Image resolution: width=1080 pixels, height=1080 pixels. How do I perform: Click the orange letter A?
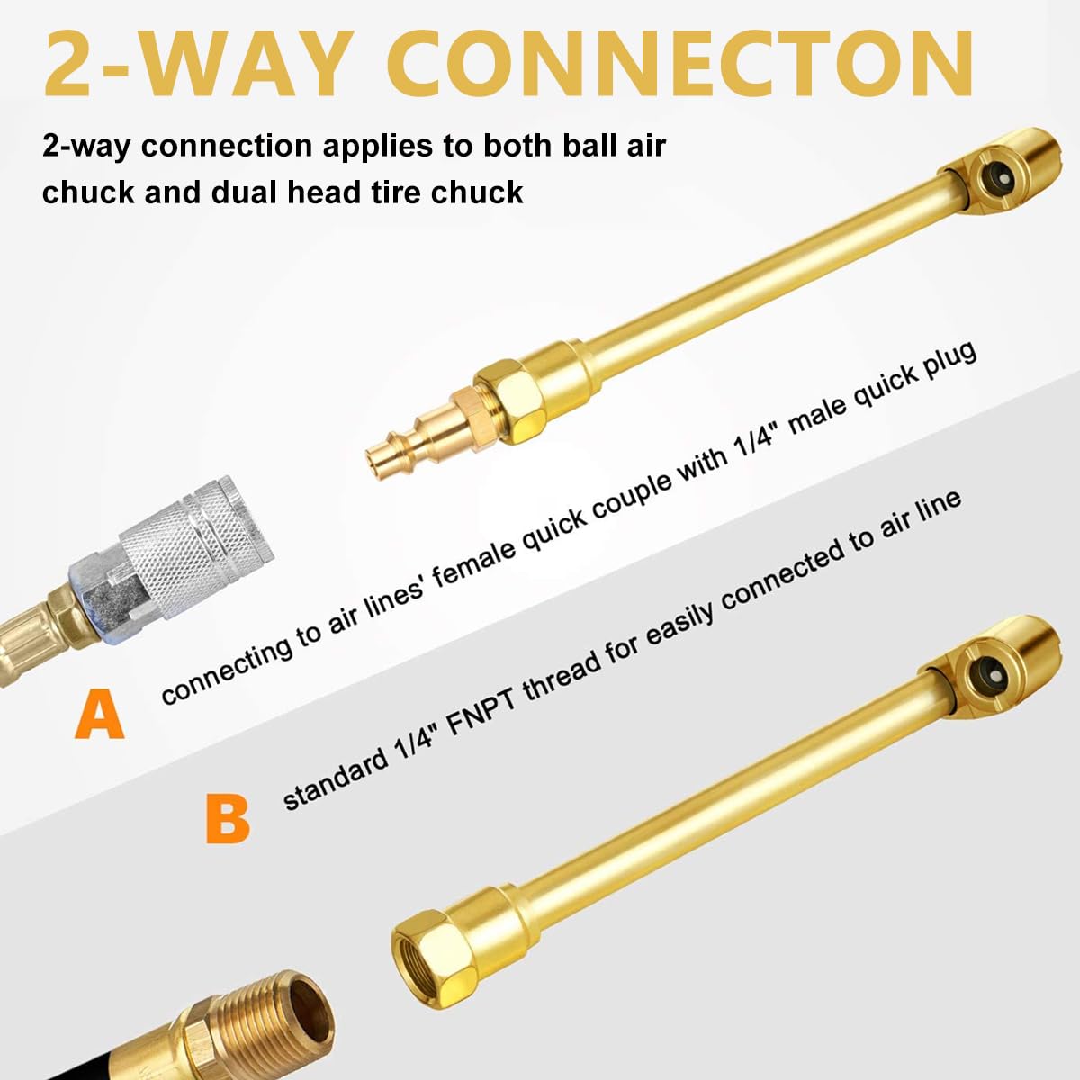point(99,714)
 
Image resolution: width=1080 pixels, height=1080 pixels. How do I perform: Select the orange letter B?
point(227,816)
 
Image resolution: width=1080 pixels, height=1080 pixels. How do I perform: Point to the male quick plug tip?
point(382,459)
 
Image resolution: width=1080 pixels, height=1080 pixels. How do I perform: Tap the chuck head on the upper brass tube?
point(990,171)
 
